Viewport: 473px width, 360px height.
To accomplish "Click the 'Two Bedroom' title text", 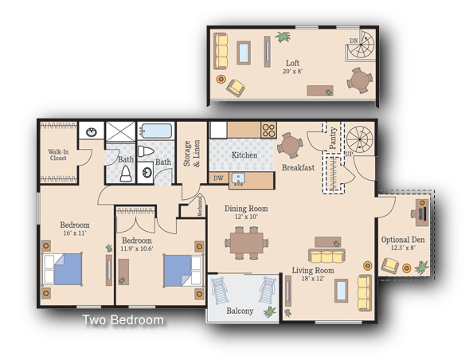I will pos(123,321).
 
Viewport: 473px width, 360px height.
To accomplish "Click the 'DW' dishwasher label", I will pos(218,178).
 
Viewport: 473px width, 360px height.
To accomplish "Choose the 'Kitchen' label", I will pos(244,155).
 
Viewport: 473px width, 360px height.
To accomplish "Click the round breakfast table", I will pos(291,144).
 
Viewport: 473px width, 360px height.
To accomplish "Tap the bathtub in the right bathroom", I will pos(155,131).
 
